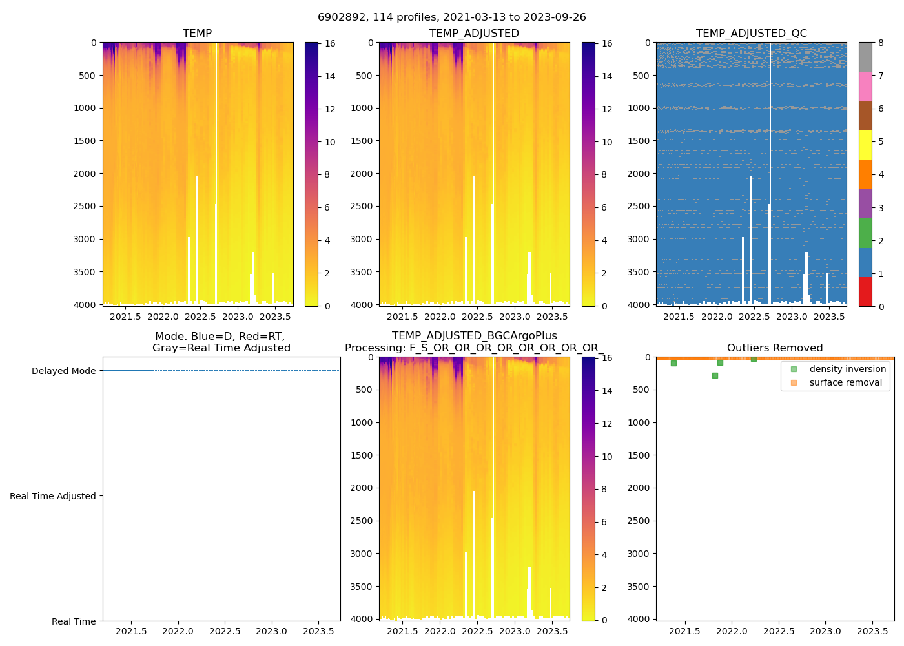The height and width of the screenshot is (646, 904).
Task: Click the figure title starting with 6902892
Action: (452, 17)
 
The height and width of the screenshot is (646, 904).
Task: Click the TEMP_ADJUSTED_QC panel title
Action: (751, 34)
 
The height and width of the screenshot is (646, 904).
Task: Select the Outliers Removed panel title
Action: (775, 348)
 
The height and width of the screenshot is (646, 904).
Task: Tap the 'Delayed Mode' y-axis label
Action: (63, 371)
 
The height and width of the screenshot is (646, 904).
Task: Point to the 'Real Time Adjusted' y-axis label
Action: (53, 496)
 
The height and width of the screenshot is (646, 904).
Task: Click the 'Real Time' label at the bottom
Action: (74, 621)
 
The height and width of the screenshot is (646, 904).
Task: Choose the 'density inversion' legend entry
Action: (847, 369)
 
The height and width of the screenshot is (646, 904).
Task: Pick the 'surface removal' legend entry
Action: (845, 382)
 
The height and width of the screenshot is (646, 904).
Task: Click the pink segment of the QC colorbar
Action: (865, 86)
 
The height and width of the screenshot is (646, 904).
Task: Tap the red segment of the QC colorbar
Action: (865, 291)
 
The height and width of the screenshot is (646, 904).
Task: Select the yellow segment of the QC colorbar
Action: (865, 145)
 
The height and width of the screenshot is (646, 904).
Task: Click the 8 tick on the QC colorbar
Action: (881, 43)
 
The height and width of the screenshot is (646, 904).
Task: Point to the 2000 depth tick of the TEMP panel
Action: (85, 174)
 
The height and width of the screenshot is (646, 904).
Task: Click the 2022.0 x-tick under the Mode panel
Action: (178, 631)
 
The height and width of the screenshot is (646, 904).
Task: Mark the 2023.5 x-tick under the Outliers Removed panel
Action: (872, 631)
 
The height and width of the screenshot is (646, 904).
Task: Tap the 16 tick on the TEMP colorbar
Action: (330, 43)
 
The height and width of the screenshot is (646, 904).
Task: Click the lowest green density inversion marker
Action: (715, 375)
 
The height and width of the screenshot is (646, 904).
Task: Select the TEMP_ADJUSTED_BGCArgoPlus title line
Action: (474, 336)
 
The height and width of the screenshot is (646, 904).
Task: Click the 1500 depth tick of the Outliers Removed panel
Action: (639, 455)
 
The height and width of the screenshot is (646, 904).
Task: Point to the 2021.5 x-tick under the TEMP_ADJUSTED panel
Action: (402, 317)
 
